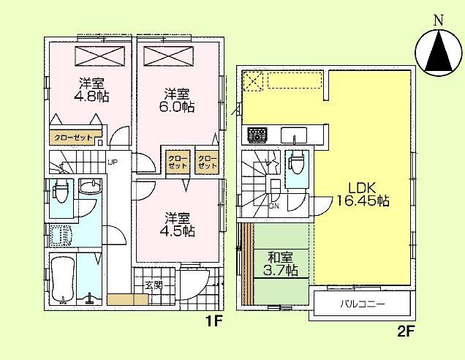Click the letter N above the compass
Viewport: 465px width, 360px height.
pos(438,20)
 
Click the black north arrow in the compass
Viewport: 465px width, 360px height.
pos(438,50)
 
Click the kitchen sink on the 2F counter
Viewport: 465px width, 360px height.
pos(294,135)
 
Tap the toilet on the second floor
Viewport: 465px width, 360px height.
pos(294,165)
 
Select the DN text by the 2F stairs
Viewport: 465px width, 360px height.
pos(274,206)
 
